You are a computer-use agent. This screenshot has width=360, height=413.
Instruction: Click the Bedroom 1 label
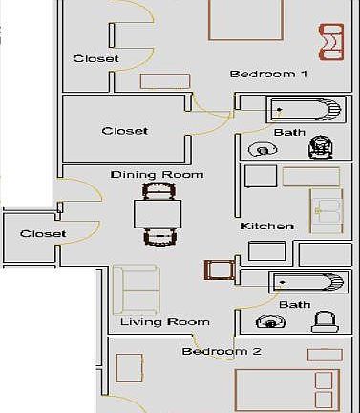click(x=268, y=74)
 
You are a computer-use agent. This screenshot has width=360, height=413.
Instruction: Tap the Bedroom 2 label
click(x=222, y=351)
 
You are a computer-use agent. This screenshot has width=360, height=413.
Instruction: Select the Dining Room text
click(x=143, y=175)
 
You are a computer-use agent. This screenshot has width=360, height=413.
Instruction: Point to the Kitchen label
click(x=266, y=227)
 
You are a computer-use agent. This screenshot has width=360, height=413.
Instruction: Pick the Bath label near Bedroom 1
click(x=289, y=132)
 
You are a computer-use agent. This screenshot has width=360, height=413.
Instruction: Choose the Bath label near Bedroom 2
click(x=294, y=304)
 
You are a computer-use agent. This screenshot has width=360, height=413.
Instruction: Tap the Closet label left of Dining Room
click(x=43, y=233)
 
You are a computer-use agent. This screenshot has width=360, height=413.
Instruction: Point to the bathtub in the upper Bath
click(x=304, y=110)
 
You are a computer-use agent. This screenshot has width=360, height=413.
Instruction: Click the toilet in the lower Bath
click(x=325, y=322)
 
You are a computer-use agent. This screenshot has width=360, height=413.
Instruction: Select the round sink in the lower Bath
click(x=272, y=323)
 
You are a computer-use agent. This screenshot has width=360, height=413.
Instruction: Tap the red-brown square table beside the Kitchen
click(x=216, y=271)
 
